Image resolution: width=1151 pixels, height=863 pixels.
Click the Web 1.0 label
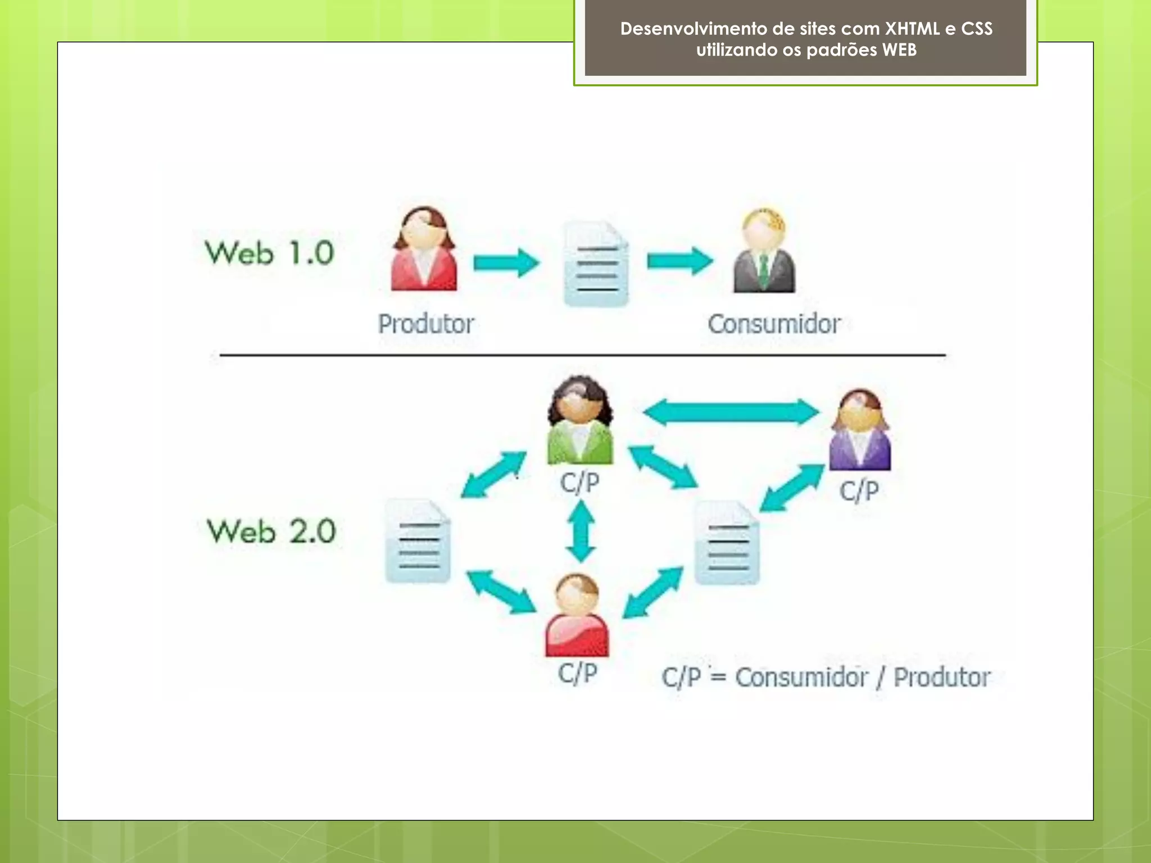tap(269, 253)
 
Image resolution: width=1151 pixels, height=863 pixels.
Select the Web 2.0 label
tap(271, 532)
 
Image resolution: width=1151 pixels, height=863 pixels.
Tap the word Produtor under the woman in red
tap(426, 324)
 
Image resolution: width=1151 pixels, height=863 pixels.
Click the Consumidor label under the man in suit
tap(774, 324)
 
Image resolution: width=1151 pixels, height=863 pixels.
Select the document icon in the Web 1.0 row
tap(596, 264)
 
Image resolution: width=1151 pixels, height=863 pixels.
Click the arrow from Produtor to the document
tap(506, 262)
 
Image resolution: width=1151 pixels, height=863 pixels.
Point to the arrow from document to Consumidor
tap(679, 261)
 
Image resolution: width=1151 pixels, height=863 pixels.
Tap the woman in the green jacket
tap(580, 421)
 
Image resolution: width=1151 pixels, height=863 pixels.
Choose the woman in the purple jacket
tap(860, 430)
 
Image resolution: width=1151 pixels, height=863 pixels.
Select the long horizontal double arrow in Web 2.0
tap(731, 412)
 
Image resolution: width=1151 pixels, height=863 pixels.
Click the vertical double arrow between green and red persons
tap(581, 532)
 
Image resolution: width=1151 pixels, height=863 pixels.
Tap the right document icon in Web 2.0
tap(727, 543)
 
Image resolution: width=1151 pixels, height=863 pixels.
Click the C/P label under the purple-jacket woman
tap(859, 491)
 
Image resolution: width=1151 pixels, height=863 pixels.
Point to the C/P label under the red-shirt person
tap(577, 673)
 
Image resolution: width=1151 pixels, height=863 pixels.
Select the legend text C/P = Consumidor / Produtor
tap(826, 678)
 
